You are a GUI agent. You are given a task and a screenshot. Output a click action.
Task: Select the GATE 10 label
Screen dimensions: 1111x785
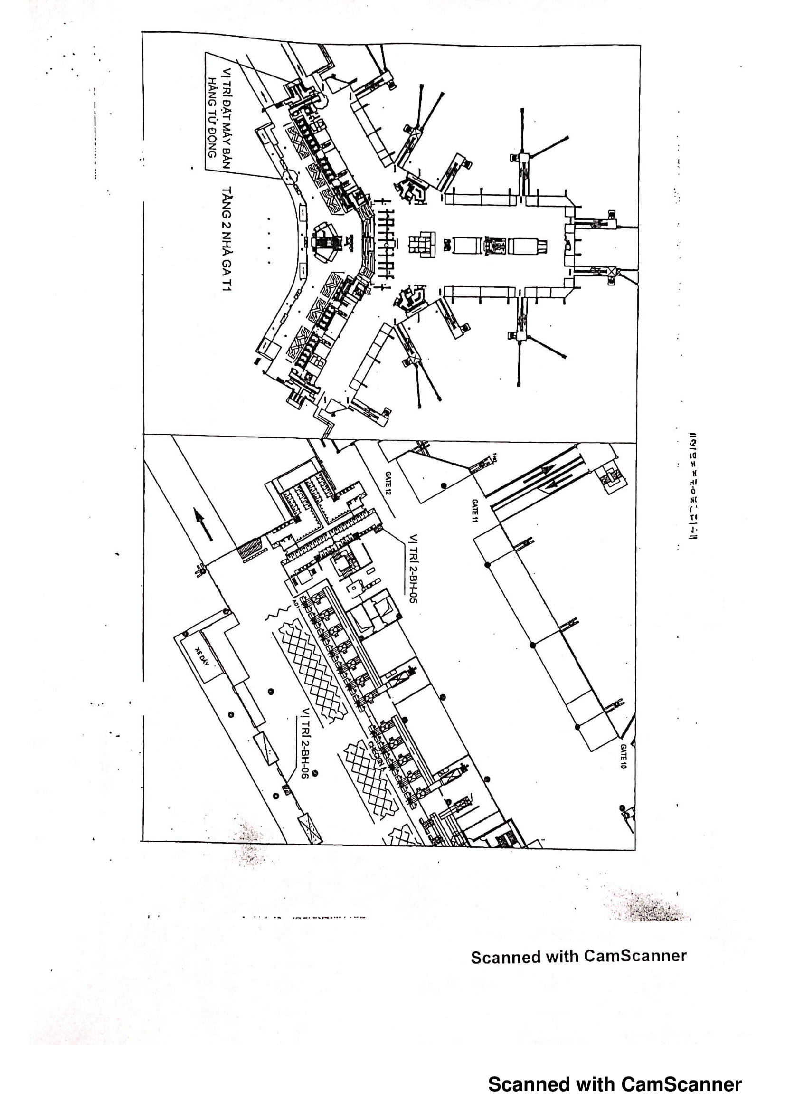(624, 756)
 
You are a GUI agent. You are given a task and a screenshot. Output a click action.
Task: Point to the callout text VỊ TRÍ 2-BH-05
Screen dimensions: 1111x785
(414, 568)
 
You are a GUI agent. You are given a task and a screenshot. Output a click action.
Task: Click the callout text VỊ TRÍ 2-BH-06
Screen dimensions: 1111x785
(305, 743)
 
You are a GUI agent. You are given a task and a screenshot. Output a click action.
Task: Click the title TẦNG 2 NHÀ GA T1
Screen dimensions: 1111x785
(227, 238)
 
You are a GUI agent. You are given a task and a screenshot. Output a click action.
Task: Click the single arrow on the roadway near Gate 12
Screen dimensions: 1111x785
(203, 524)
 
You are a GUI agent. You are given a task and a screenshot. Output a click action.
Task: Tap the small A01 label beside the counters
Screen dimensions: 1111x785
(295, 604)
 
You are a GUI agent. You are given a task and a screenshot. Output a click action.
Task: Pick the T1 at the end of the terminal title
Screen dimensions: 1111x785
(227, 282)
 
